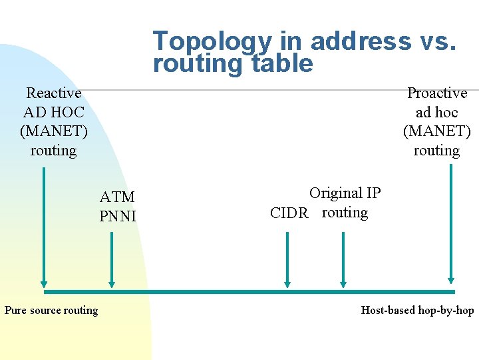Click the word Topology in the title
(212, 41)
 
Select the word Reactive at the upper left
(53, 93)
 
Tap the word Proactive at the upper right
(437, 93)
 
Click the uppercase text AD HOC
(53, 113)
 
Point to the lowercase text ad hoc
(437, 113)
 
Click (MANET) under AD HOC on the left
(53, 131)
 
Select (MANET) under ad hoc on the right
(437, 131)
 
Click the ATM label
(117, 197)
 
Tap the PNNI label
(117, 216)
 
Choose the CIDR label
(289, 213)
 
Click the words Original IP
(345, 193)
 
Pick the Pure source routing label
(51, 310)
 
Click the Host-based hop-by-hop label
(417, 310)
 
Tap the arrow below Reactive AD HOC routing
(44, 227)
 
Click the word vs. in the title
(435, 41)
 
